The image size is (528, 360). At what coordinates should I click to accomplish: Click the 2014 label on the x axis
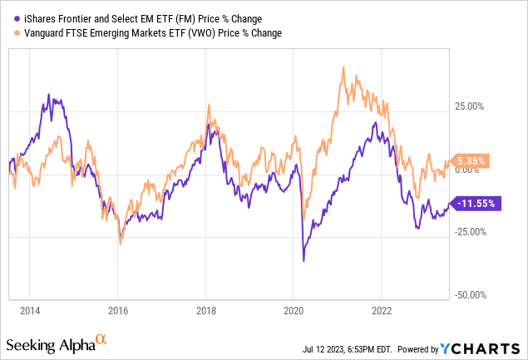(x=30, y=311)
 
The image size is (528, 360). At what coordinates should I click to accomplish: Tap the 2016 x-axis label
(x=117, y=311)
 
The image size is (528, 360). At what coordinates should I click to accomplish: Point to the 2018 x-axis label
(x=205, y=311)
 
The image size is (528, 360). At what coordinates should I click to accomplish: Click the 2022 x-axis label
(x=381, y=311)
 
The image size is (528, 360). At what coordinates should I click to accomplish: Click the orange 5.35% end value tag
(x=468, y=160)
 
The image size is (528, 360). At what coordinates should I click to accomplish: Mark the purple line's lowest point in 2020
(x=303, y=261)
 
